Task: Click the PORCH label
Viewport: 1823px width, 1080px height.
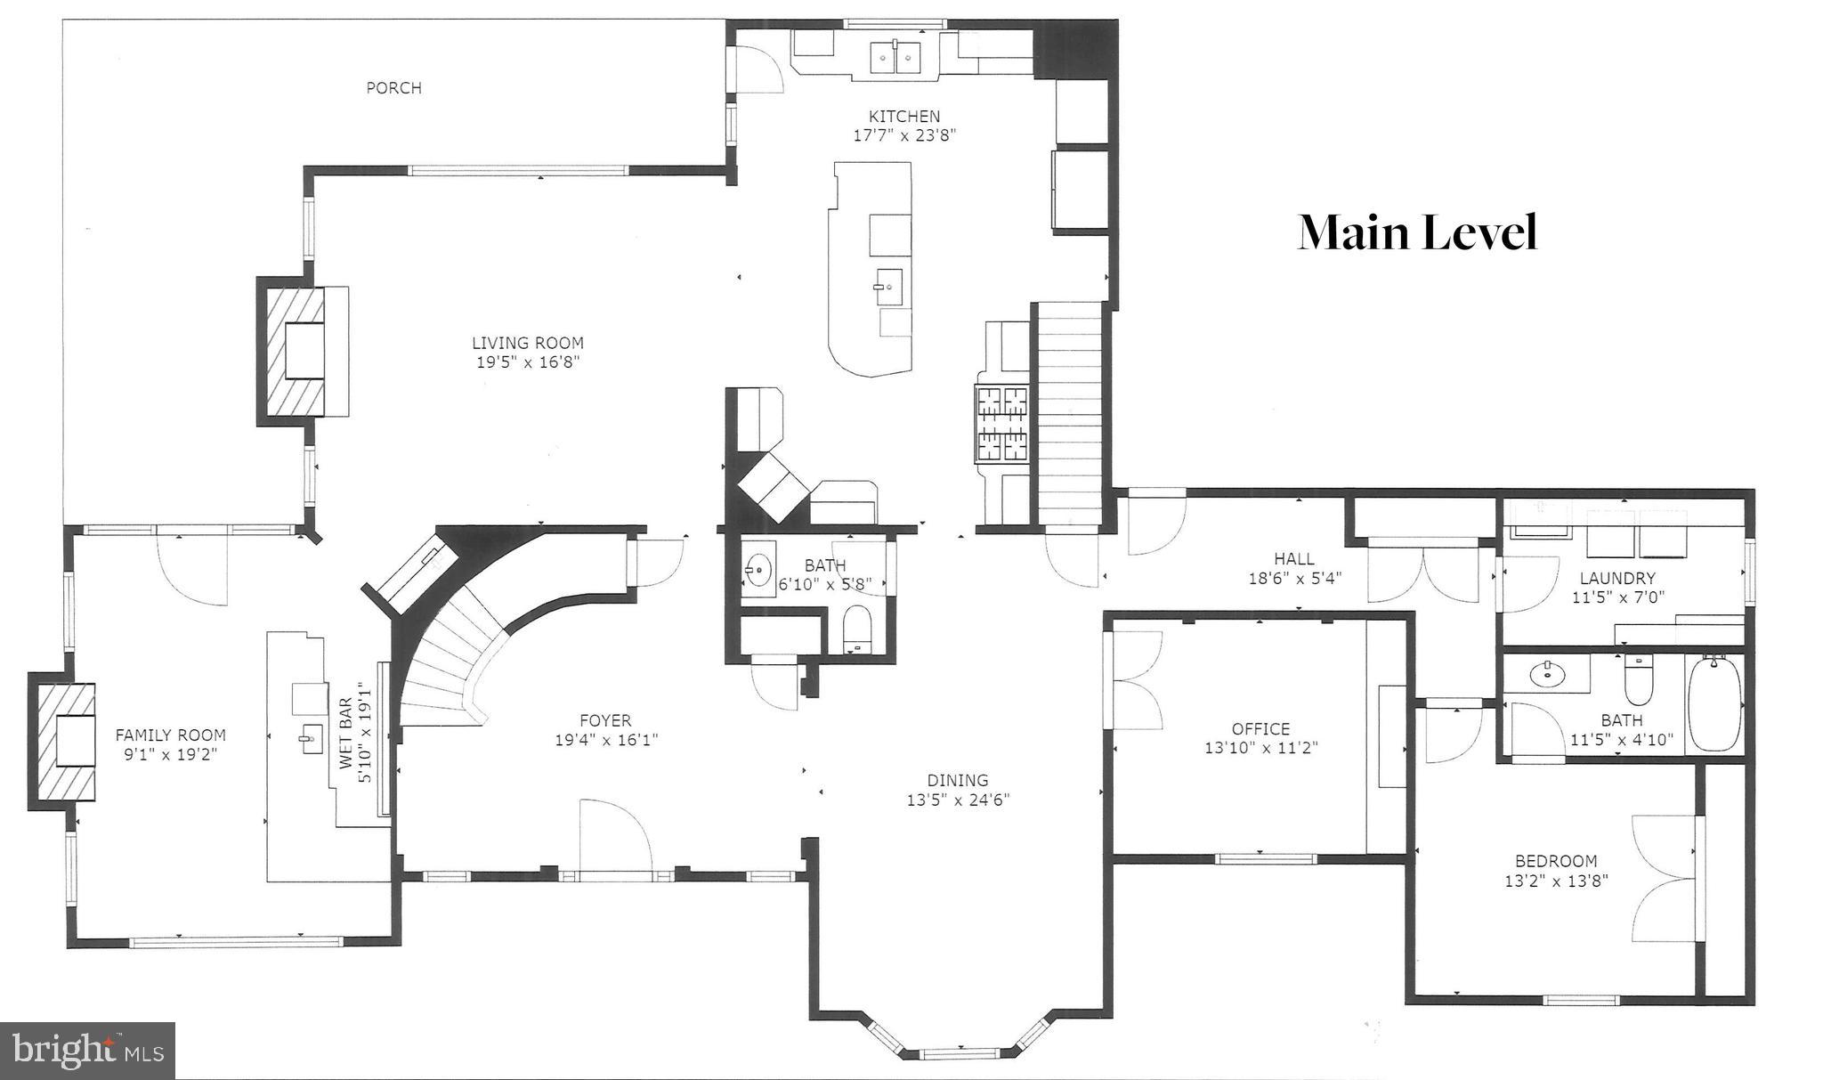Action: [x=393, y=87]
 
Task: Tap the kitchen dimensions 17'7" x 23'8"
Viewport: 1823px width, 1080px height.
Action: [x=903, y=135]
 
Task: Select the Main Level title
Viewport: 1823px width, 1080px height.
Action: [x=1417, y=233]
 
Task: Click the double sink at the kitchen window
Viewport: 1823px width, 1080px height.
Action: [x=893, y=57]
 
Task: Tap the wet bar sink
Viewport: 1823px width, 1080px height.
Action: [x=312, y=739]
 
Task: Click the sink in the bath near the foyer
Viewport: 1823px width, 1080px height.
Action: [x=758, y=567]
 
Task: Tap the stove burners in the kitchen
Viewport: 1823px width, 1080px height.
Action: [x=1002, y=424]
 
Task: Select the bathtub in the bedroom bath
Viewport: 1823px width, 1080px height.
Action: [x=1714, y=703]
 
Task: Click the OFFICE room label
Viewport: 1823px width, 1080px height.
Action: [x=1260, y=729]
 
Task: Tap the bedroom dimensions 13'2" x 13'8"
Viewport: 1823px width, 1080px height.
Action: [x=1556, y=881]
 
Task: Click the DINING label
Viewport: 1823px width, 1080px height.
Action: [x=958, y=781]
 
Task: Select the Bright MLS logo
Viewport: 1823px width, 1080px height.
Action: [x=88, y=1051]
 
